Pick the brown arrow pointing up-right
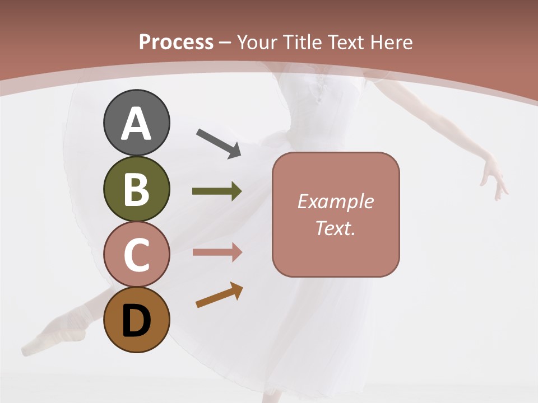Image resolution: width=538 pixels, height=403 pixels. coord(219,295)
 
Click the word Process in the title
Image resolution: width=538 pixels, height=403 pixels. coord(176,42)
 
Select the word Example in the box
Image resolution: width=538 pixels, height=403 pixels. coord(335,201)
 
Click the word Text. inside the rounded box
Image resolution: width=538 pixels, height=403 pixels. coord(335,228)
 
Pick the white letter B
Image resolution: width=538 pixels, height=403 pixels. coord(136,189)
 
